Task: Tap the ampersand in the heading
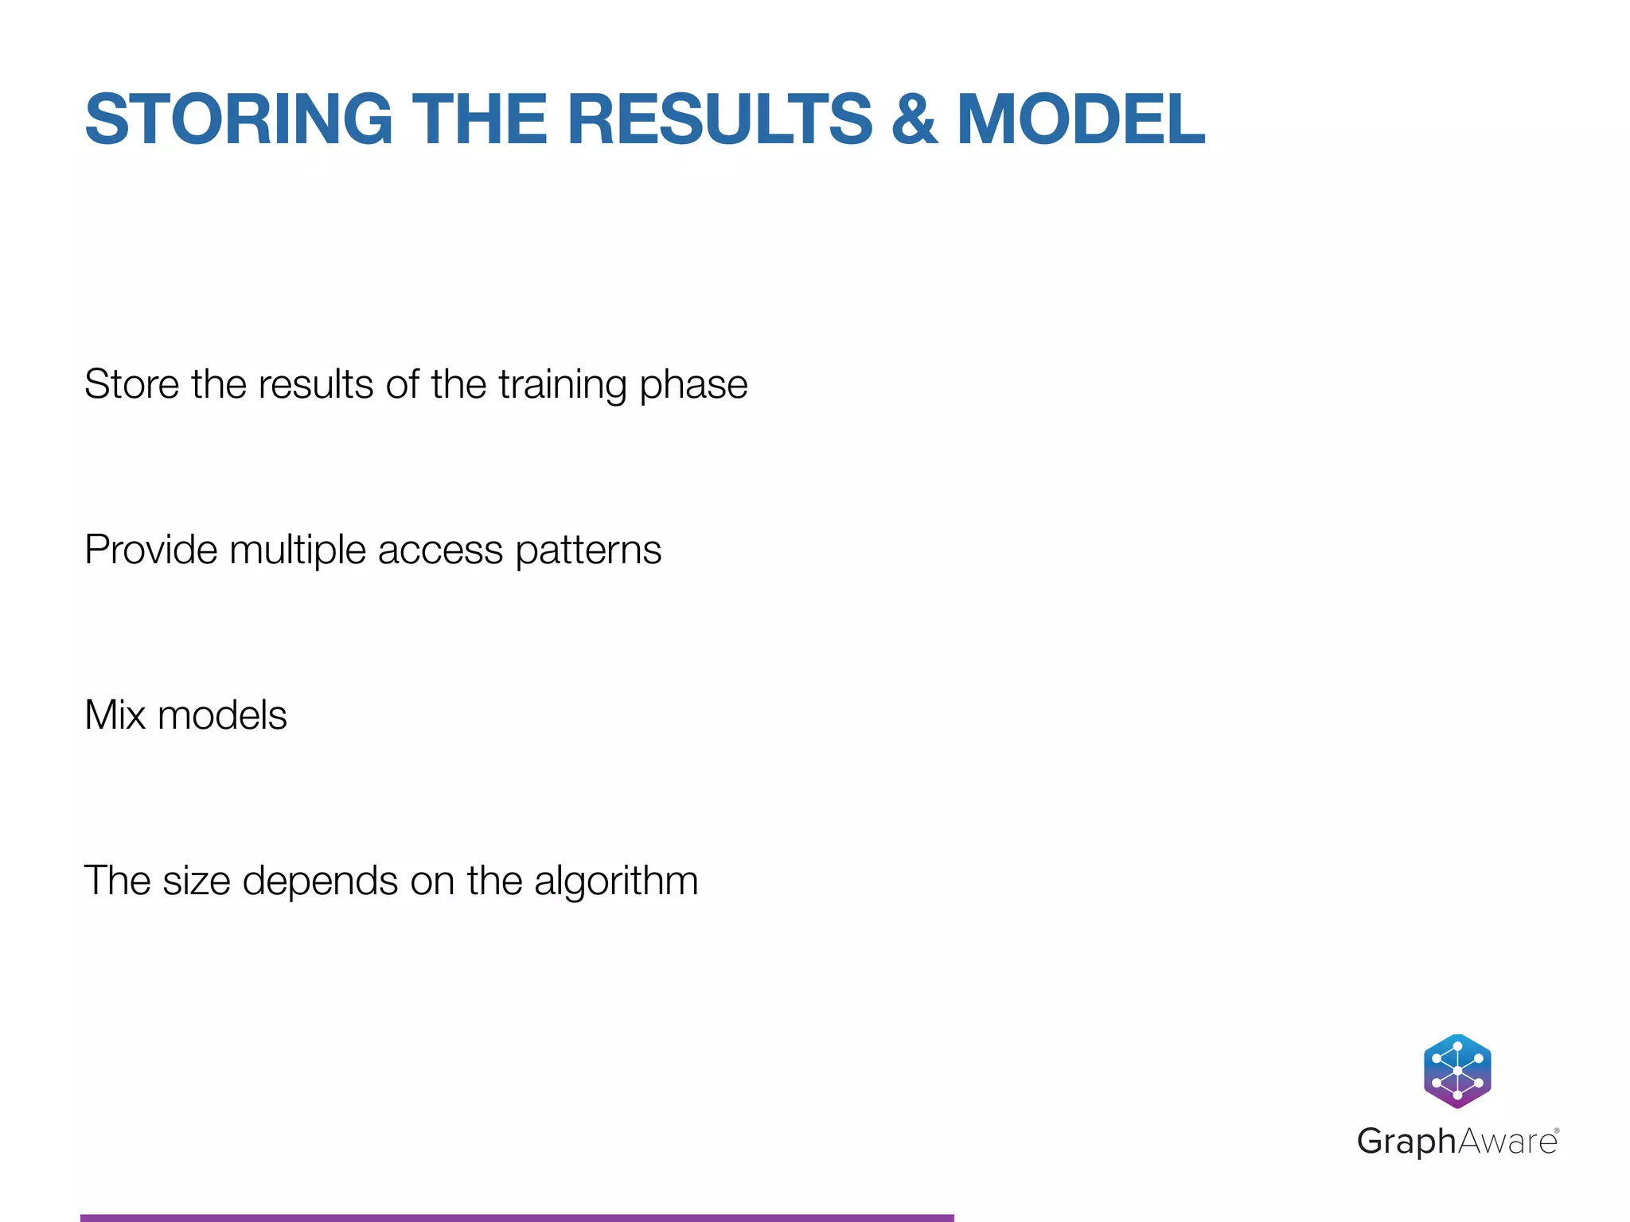click(914, 119)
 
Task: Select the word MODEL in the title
click(1081, 119)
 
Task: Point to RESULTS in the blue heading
click(719, 119)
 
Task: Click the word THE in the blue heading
click(479, 119)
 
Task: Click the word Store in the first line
click(132, 384)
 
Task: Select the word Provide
click(150, 550)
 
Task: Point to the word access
click(440, 551)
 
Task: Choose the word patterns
click(588, 551)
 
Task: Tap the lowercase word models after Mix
click(222, 714)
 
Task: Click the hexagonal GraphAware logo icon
click(1456, 1071)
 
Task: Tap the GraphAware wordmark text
click(1456, 1142)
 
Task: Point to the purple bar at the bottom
click(517, 1217)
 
